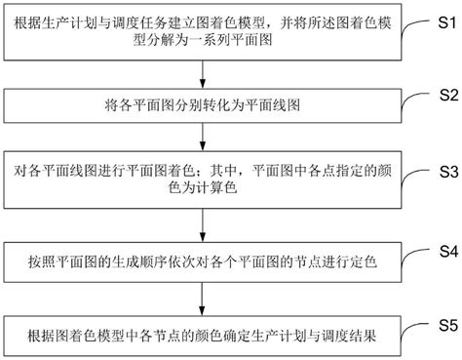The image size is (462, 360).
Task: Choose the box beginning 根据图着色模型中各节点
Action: coord(206,337)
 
